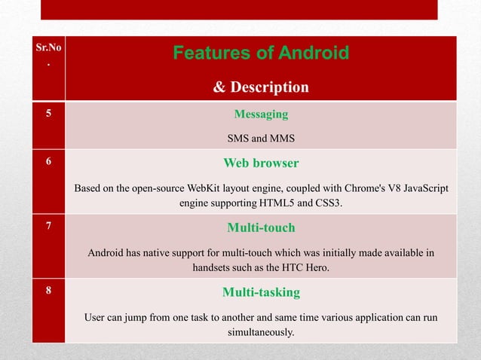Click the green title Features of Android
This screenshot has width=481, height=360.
click(x=261, y=53)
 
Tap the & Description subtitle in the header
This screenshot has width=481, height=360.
click(x=261, y=87)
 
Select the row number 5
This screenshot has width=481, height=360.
click(x=48, y=115)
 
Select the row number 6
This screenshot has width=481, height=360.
click(x=48, y=163)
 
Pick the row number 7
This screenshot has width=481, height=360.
click(x=48, y=227)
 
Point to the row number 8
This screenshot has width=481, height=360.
click(x=48, y=291)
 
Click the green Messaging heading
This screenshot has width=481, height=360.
click(x=261, y=114)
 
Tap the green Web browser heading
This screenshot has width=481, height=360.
click(x=261, y=163)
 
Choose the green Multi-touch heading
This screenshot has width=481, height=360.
click(x=261, y=227)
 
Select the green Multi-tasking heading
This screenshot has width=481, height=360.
click(x=261, y=291)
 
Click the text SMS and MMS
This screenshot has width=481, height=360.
click(x=261, y=139)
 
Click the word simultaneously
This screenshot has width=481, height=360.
click(x=261, y=331)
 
